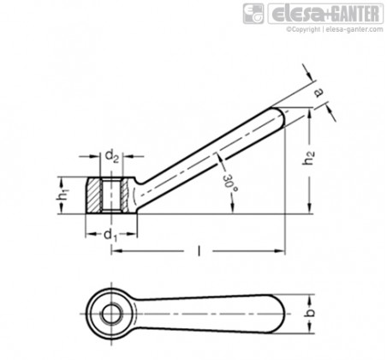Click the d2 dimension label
111,156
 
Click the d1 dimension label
110,236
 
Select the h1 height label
63,196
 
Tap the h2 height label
308,158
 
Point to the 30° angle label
229,183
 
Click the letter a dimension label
319,93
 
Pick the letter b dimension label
309,313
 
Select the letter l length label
199,251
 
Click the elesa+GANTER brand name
325,14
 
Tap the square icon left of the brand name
253,14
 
